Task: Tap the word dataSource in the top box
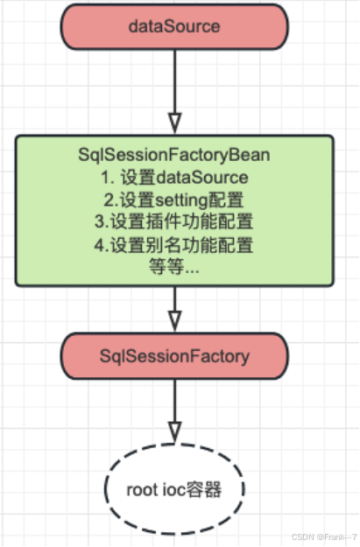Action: coord(174,26)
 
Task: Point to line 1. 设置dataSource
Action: coord(174,178)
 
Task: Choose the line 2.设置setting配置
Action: coord(174,200)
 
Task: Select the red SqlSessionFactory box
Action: coord(174,356)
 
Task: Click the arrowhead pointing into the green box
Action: coord(174,122)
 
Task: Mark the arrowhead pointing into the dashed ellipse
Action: coord(174,431)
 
